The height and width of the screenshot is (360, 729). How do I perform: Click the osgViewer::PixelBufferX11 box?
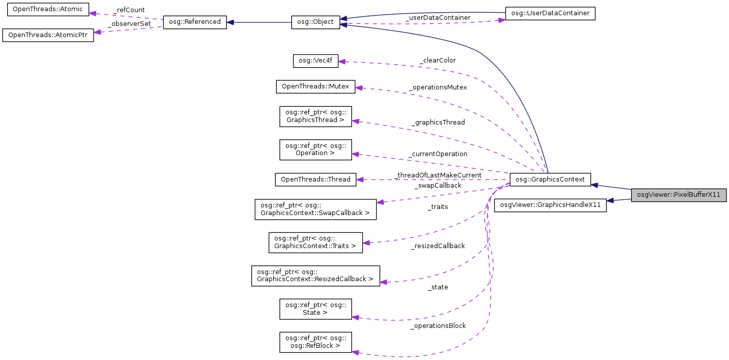(x=679, y=195)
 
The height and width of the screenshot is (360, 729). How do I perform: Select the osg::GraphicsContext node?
(x=550, y=179)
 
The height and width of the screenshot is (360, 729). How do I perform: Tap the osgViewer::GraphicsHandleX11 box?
(x=550, y=205)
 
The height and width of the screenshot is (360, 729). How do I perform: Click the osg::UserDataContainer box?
(x=550, y=14)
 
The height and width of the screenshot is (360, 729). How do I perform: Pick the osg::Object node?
(x=315, y=22)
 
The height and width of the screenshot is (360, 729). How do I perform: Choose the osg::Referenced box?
(x=194, y=22)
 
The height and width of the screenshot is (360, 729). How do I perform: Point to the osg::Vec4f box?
(x=315, y=61)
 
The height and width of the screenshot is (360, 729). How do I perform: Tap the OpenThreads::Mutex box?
(x=315, y=86)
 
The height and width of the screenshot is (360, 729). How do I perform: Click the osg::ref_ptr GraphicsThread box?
(x=315, y=116)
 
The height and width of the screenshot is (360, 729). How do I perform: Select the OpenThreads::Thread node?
(x=315, y=179)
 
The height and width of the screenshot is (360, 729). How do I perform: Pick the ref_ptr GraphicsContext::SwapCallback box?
(x=315, y=209)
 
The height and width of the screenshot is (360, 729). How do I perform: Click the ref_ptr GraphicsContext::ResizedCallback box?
(x=315, y=276)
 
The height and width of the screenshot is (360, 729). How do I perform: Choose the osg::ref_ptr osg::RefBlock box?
(x=315, y=342)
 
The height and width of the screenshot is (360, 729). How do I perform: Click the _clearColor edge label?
(x=438, y=60)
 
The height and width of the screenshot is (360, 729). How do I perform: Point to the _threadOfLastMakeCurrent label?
(x=438, y=175)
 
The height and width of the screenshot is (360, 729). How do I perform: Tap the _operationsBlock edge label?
(x=438, y=325)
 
